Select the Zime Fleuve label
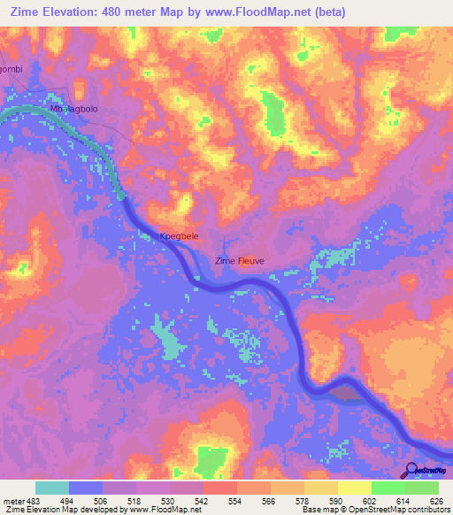pos(241,260)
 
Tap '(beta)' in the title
pos(324,12)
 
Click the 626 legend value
pos(435,502)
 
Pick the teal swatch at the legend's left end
pos(52,488)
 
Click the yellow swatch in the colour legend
pos(354,488)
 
